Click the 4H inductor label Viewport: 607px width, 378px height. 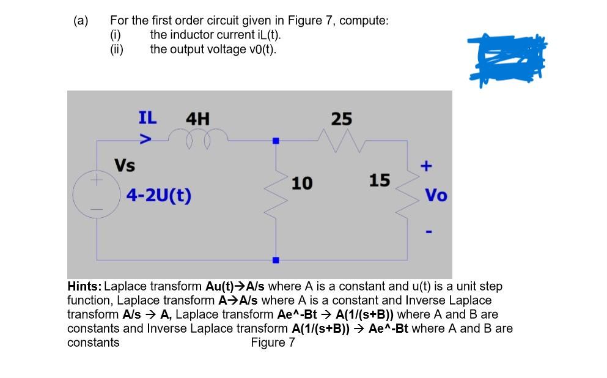197,118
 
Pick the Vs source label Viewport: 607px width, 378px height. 125,166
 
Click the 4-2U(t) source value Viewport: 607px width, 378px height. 158,196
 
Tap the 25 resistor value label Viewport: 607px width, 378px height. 342,118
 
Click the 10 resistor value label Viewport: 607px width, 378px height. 302,183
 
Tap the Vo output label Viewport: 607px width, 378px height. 436,196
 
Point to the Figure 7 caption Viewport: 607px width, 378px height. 273,343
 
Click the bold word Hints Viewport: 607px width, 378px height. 86,286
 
